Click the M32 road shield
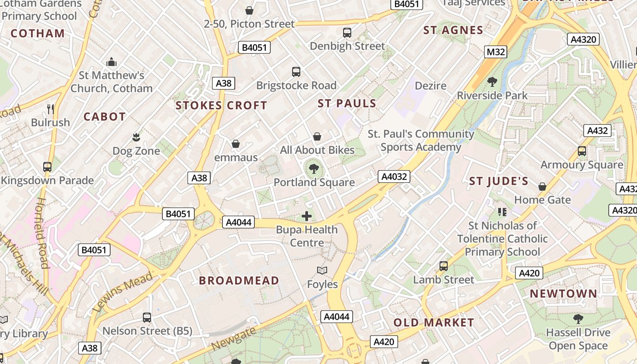(x=495, y=52)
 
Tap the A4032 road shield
(x=394, y=177)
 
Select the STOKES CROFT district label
(x=221, y=106)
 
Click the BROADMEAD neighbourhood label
(x=239, y=280)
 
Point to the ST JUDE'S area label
(x=499, y=182)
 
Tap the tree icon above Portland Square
(x=313, y=169)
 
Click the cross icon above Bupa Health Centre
(x=307, y=216)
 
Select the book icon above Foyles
(x=322, y=271)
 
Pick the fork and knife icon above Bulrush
(x=51, y=109)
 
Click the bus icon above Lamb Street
(x=444, y=266)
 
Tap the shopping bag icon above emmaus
(x=236, y=144)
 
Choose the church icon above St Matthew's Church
(x=111, y=62)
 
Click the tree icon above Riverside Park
(x=492, y=82)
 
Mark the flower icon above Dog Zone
(x=136, y=137)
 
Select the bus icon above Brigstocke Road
(x=296, y=72)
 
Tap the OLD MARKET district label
(x=434, y=323)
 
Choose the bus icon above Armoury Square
(x=581, y=151)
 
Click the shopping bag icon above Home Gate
(x=542, y=187)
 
